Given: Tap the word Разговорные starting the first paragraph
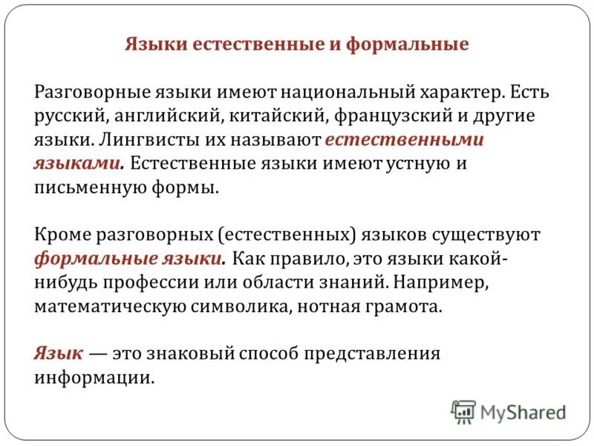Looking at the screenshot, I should [x=86, y=92].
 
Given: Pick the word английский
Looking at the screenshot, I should [x=169, y=116].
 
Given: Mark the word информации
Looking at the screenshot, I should [x=94, y=378].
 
